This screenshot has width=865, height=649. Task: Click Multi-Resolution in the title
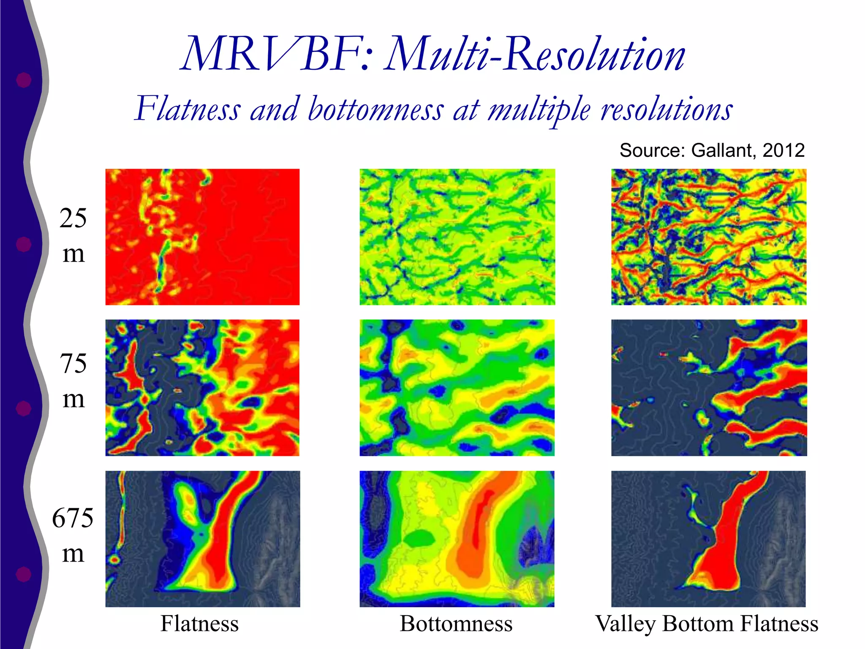(x=534, y=55)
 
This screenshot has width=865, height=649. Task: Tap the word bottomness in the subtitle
(x=375, y=109)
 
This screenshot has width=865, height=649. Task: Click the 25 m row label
(x=73, y=236)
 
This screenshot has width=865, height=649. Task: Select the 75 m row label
(x=73, y=380)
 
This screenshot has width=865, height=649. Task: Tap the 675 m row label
(x=73, y=535)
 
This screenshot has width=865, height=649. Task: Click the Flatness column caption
(x=199, y=624)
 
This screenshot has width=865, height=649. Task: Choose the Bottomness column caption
(x=456, y=624)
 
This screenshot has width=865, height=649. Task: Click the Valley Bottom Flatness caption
(x=707, y=624)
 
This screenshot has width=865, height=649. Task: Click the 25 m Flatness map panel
(x=202, y=237)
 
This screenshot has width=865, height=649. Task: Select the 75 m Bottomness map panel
(x=457, y=387)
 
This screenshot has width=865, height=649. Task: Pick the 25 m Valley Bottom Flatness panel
(x=709, y=237)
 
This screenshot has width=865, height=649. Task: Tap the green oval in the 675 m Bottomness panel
(x=419, y=538)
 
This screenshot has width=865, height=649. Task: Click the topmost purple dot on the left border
(x=24, y=80)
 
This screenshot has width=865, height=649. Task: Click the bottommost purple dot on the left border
(x=24, y=574)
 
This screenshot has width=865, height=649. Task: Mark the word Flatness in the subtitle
(x=188, y=109)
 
